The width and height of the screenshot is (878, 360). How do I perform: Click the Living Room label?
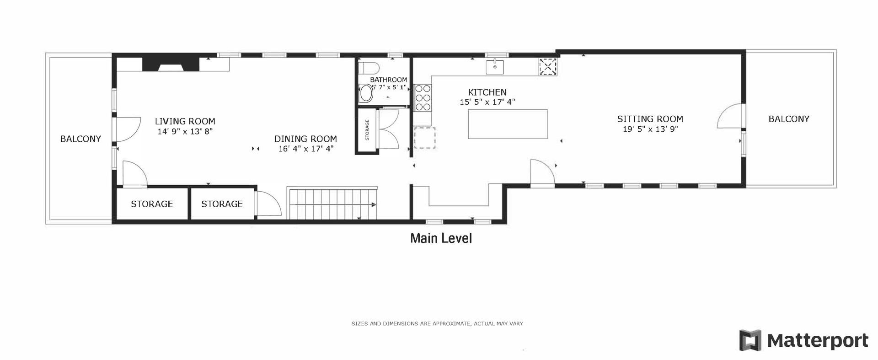click(185, 122)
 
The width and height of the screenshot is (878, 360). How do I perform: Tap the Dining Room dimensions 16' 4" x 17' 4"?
click(305, 149)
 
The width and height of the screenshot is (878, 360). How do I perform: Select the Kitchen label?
click(487, 92)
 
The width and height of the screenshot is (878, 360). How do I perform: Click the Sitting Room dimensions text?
click(649, 129)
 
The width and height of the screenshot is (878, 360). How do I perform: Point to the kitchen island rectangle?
click(508, 124)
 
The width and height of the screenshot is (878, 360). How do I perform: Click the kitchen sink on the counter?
click(495, 66)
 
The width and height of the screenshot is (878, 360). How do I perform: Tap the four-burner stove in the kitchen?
click(423, 98)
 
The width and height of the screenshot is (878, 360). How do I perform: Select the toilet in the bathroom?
click(370, 69)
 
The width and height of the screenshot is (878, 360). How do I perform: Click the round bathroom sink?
click(366, 94)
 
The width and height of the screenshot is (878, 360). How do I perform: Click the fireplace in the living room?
click(171, 64)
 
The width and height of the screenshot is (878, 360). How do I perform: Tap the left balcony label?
click(80, 139)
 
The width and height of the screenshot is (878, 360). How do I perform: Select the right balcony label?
click(789, 119)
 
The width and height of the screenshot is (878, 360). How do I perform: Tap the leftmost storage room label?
click(152, 204)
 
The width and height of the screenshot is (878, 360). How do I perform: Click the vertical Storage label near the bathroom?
click(367, 130)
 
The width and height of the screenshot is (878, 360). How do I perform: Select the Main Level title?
click(441, 238)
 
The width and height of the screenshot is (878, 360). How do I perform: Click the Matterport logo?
click(803, 341)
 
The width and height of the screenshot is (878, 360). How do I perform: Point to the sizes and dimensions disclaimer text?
click(437, 323)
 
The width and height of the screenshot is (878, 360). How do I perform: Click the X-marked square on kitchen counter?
click(548, 67)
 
